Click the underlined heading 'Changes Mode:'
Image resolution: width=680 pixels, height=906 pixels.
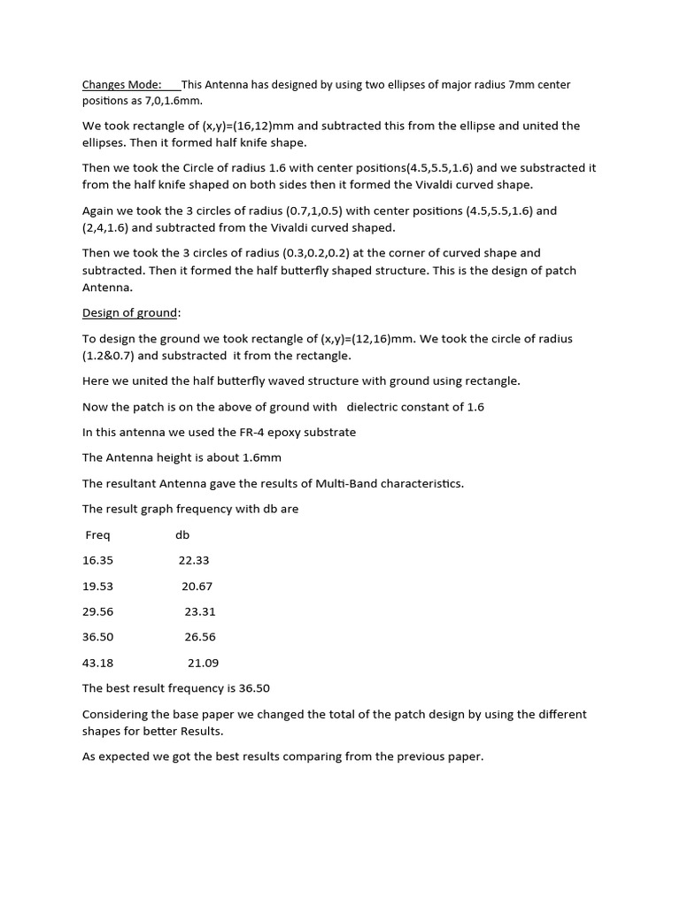coord(121,85)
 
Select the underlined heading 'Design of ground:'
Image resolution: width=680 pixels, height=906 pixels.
coord(131,313)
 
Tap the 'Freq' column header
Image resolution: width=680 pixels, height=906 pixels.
coord(97,534)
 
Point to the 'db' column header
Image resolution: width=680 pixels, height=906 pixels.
coord(182,534)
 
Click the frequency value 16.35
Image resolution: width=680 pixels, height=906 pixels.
coord(97,560)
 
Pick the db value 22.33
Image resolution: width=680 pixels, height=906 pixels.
coord(194,560)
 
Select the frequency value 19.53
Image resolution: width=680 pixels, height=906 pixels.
coord(97,586)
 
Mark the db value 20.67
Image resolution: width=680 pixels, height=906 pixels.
coord(197,586)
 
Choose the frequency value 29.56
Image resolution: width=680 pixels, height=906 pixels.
coord(97,611)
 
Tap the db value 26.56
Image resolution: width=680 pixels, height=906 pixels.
coord(200,637)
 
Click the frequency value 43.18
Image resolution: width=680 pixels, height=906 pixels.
coord(97,663)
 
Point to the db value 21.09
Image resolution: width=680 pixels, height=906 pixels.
coord(203,663)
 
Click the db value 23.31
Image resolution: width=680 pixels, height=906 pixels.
coord(200,611)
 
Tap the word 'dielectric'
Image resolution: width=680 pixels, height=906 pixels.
coord(378,406)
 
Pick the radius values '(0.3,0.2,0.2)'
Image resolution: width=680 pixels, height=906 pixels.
coord(316,253)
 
